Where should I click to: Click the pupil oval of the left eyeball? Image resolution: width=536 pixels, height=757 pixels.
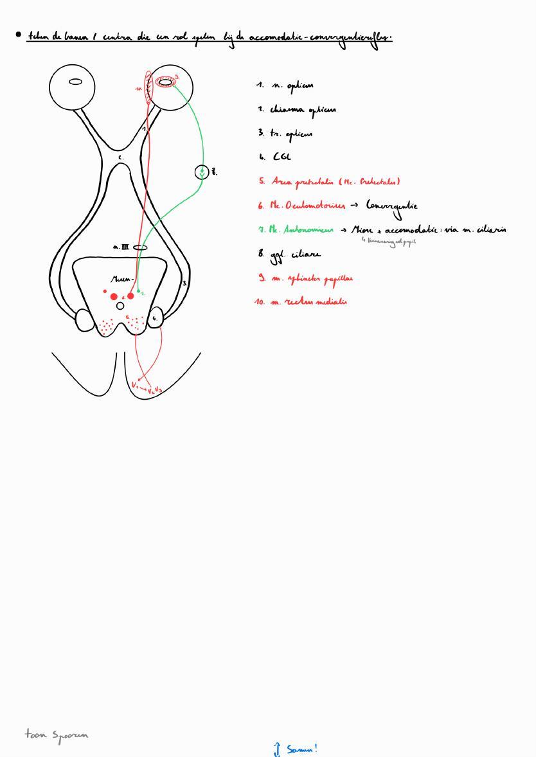pos(75,82)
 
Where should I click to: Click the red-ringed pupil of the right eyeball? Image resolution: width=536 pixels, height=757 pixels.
pos(166,82)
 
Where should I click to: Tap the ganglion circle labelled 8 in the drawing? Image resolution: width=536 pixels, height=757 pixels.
pos(202,172)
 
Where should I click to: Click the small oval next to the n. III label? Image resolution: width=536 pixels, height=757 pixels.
pos(140,247)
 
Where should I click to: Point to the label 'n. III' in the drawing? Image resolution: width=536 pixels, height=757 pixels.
pos(121,247)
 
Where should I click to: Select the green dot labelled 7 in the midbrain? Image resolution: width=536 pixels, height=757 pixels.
pos(139,292)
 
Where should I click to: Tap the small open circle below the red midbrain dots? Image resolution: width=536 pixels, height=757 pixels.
pos(120,306)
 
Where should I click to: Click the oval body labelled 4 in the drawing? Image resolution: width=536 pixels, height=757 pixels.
pos(155,318)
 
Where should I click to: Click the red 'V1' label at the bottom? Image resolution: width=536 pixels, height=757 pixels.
pos(135,385)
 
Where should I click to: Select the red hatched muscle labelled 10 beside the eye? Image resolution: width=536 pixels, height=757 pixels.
pos(149,88)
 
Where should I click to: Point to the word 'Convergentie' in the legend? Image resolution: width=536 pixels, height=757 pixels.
pos(391,206)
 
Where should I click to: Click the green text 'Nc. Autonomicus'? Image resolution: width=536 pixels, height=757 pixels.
pos(301,229)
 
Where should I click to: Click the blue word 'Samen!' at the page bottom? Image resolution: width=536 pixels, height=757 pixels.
pos(301,749)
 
